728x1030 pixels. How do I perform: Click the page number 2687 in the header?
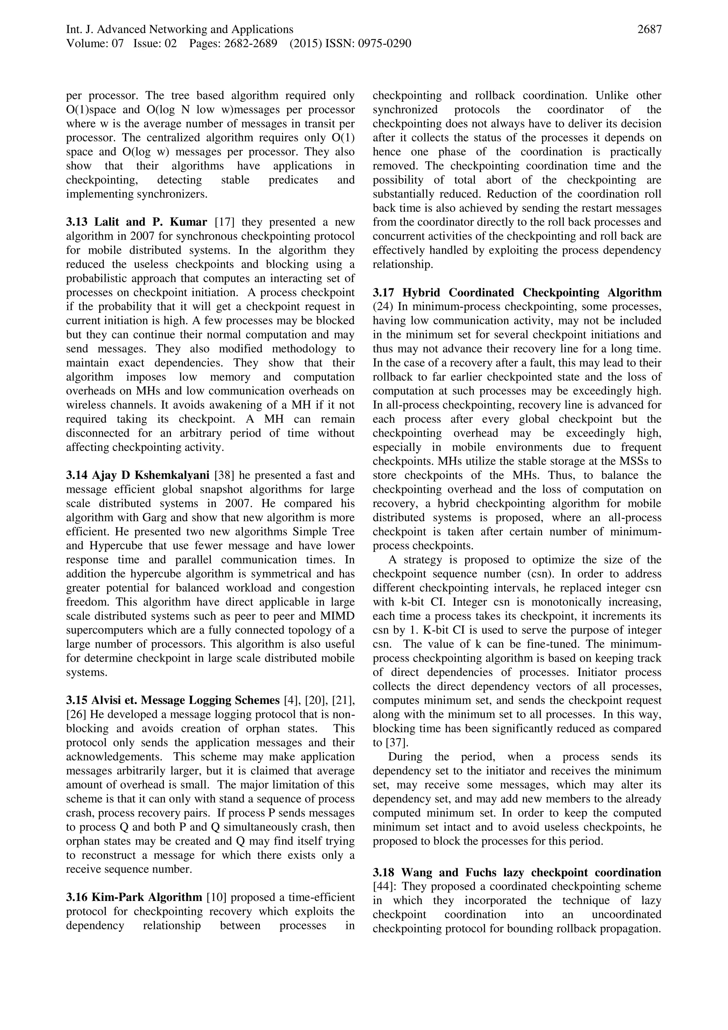coord(649,30)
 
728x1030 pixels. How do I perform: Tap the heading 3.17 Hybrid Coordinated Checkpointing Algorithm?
coord(517,293)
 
